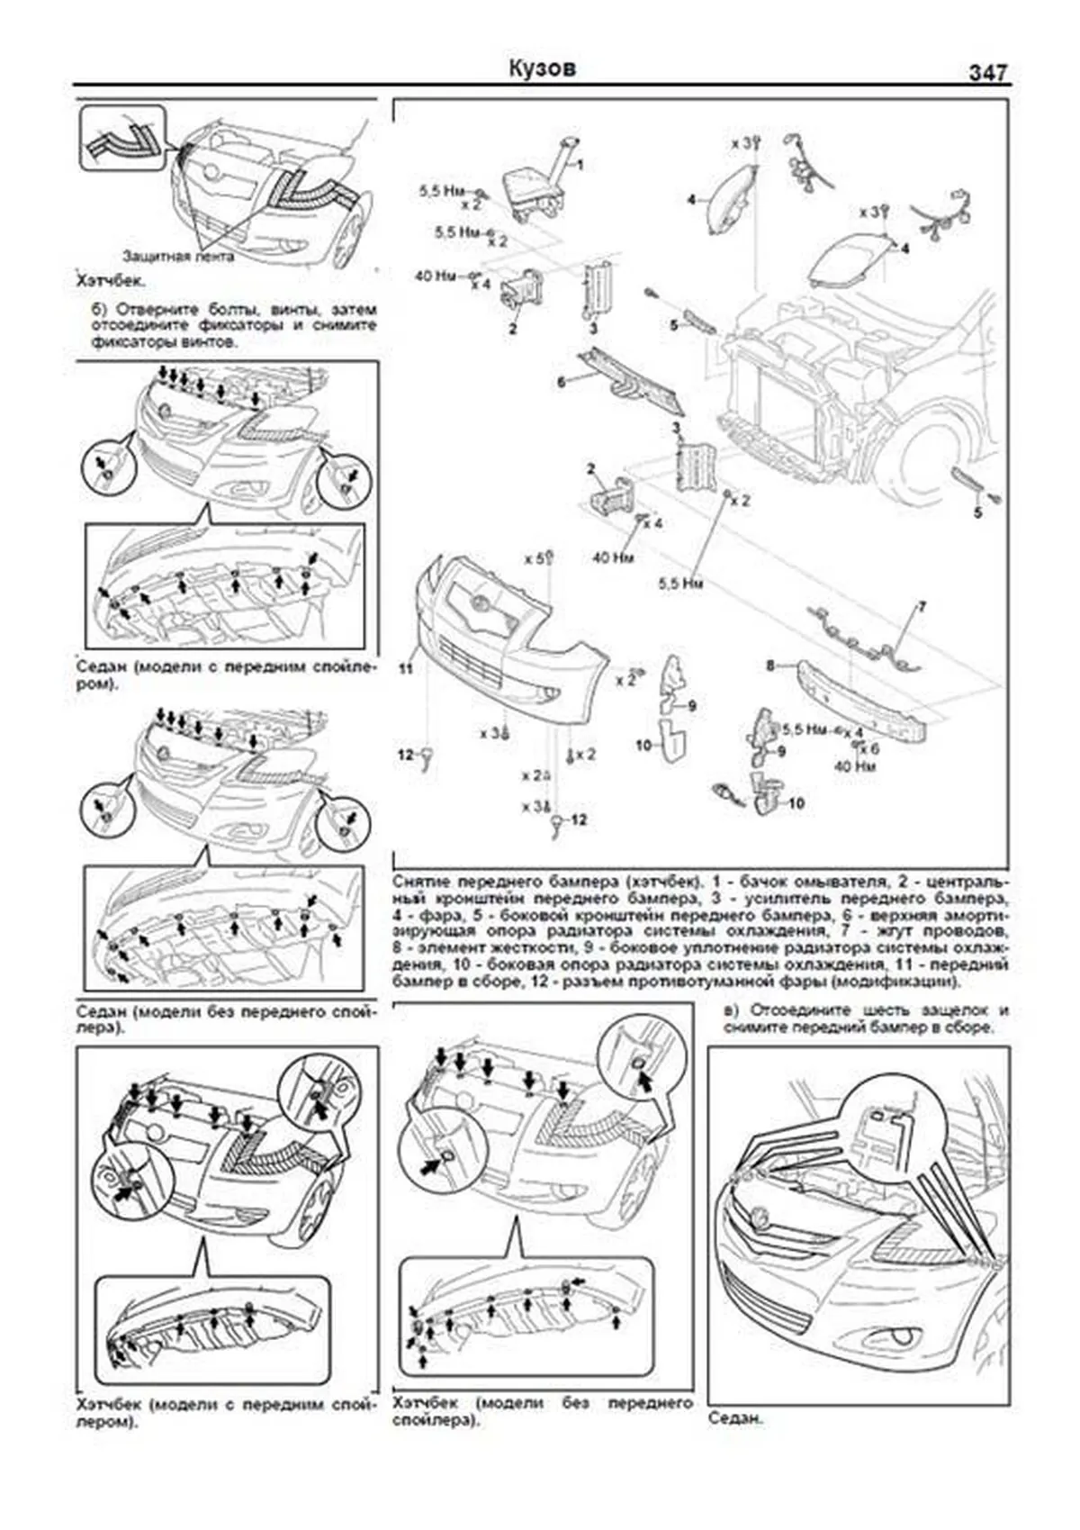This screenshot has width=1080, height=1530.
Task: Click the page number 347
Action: (987, 72)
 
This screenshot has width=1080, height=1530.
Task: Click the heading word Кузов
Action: (542, 69)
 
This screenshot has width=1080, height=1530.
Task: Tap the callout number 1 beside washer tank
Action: (580, 165)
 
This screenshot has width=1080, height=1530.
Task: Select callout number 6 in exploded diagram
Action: (561, 382)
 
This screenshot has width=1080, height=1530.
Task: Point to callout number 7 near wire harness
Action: (922, 607)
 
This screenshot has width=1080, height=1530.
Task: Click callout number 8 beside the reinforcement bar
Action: (769, 665)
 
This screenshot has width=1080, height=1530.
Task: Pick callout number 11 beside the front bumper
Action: (406, 669)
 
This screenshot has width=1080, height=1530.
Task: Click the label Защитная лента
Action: (178, 257)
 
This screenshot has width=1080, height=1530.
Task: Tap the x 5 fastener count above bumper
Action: (535, 558)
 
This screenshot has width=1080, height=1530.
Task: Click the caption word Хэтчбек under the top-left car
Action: (110, 281)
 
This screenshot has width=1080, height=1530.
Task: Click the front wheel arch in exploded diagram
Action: (936, 450)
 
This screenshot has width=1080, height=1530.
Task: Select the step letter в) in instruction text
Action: (732, 1009)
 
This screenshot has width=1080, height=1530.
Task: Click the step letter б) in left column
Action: (100, 309)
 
